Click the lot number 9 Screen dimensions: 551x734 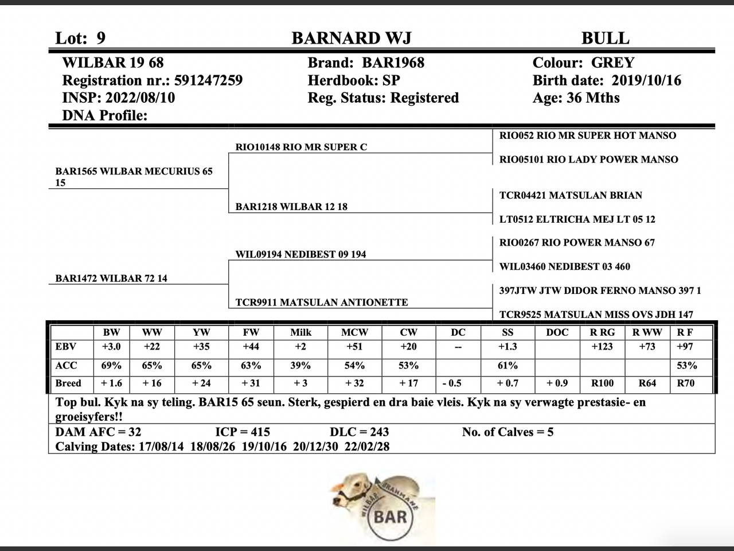101,38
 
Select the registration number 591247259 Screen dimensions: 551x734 208,80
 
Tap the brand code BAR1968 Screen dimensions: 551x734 393,63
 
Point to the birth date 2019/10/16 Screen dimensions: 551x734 646,80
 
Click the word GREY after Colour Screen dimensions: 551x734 612,63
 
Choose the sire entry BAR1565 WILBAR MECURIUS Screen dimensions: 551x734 134,172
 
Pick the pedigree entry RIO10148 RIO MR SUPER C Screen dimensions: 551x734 301,147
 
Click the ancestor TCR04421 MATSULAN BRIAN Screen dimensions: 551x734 571,195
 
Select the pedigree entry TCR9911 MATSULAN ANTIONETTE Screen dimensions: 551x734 322,302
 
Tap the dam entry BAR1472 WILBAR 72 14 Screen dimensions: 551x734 111,278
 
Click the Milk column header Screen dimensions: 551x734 300,332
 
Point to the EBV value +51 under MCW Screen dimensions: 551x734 355,347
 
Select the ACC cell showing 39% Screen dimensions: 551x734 300,366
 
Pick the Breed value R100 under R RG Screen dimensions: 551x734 602,383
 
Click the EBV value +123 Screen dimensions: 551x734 602,347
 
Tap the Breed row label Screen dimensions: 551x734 68,383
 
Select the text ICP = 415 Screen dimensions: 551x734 242,432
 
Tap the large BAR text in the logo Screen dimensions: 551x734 390,517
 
